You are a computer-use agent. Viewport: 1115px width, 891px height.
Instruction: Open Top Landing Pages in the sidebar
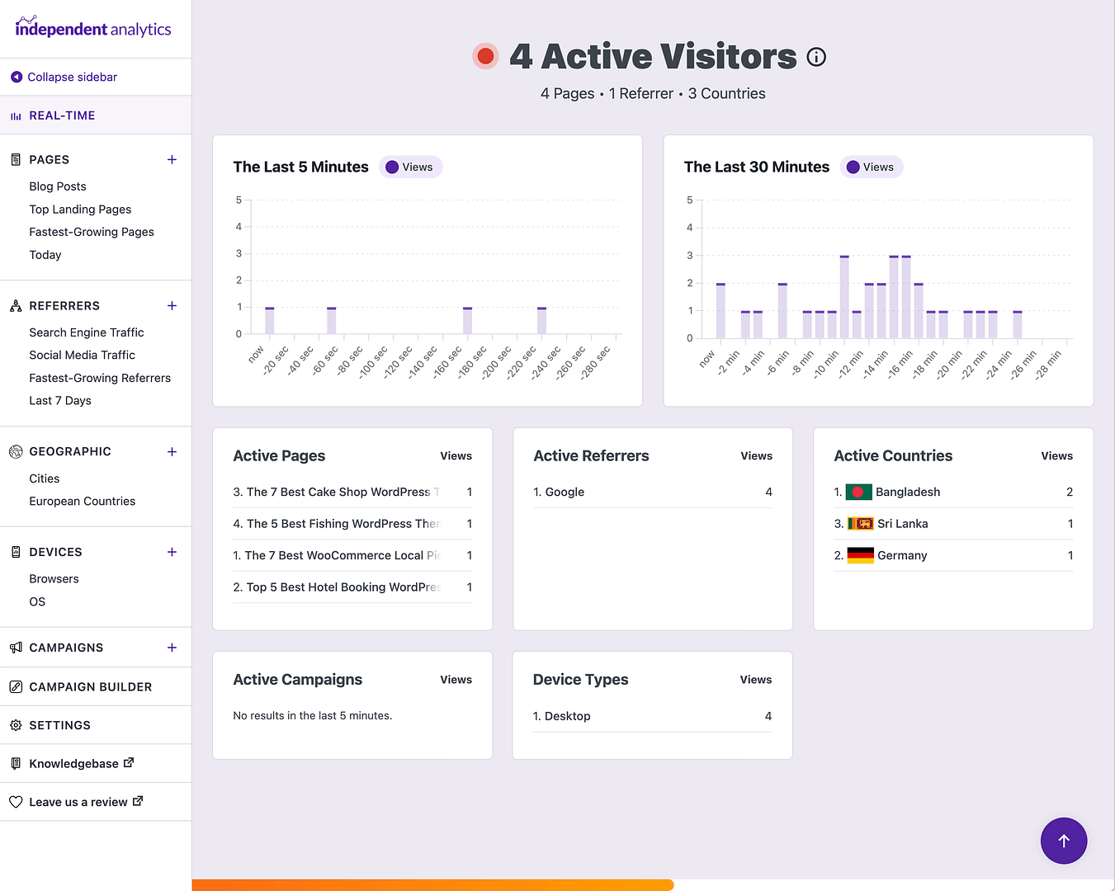tap(80, 210)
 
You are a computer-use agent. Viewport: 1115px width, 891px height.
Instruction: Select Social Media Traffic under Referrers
tap(82, 355)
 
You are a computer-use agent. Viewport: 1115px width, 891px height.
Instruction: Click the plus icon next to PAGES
tap(172, 159)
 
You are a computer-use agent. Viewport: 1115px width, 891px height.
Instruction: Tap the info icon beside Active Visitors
tap(816, 57)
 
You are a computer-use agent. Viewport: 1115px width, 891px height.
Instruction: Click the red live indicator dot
tap(485, 56)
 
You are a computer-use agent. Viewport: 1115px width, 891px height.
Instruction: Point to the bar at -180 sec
tap(467, 321)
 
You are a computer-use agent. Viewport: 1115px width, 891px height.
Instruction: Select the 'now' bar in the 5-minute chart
tap(269, 321)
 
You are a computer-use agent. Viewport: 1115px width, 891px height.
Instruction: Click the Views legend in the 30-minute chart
tap(872, 167)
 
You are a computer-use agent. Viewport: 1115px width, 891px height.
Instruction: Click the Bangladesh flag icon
tap(858, 492)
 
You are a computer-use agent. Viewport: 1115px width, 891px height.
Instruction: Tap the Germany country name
tap(902, 555)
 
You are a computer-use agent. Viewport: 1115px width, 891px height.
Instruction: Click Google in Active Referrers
tap(565, 492)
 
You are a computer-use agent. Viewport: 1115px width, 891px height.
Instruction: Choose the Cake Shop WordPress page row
tap(338, 492)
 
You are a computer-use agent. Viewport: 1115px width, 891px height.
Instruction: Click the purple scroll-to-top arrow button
tap(1063, 841)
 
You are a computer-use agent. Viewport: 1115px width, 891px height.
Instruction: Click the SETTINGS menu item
tap(59, 725)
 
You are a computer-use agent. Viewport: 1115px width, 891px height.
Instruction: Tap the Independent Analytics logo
tap(93, 29)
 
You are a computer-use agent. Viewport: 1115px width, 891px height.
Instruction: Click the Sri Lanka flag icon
tap(860, 524)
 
